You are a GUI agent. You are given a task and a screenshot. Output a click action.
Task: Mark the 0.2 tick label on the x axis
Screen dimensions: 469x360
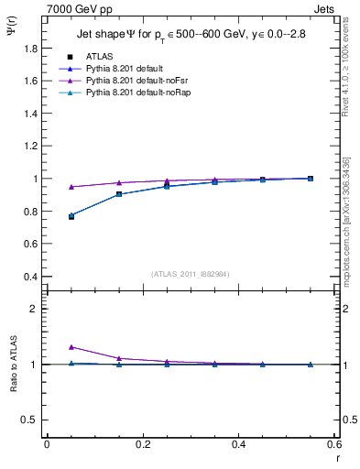pyautogui.click(x=142, y=444)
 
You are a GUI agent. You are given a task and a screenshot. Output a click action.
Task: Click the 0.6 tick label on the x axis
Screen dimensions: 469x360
pyautogui.click(x=333, y=444)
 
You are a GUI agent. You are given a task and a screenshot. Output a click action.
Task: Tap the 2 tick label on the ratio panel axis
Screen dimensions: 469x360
pyautogui.click(x=34, y=309)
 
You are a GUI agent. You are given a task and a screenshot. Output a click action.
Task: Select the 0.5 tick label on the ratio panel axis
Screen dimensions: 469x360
pyautogui.click(x=29, y=420)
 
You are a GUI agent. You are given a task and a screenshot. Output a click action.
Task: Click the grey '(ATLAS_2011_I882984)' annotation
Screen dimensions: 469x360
pyautogui.click(x=190, y=274)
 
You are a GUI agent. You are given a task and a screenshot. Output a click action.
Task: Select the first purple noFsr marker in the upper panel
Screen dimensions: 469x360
pyautogui.click(x=71, y=187)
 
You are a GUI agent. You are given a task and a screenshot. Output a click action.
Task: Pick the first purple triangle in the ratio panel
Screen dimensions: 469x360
pyautogui.click(x=71, y=347)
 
